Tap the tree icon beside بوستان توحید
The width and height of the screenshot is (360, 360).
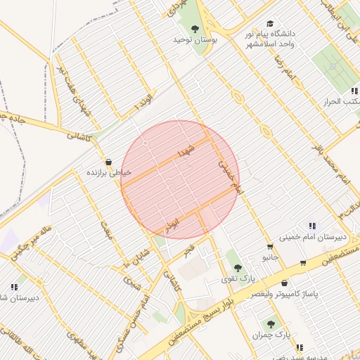(195, 28)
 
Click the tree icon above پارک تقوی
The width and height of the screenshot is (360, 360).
(238, 267)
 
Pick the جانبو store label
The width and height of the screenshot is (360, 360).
(271, 258)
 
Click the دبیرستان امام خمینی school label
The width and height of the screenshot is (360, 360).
(313, 237)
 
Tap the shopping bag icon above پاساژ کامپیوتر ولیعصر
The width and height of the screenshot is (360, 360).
(284, 283)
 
